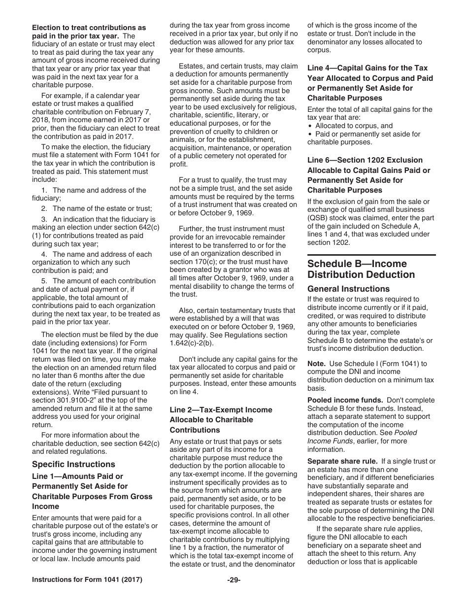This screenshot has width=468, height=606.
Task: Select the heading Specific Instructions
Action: [73, 464]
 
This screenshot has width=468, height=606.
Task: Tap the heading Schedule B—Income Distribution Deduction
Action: [361, 269]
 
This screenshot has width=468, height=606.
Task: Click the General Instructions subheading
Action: [348, 289]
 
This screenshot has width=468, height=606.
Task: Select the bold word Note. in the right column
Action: [316, 364]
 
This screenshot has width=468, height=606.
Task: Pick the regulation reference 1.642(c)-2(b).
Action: [194, 343]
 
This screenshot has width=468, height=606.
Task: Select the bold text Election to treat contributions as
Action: [89, 28]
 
